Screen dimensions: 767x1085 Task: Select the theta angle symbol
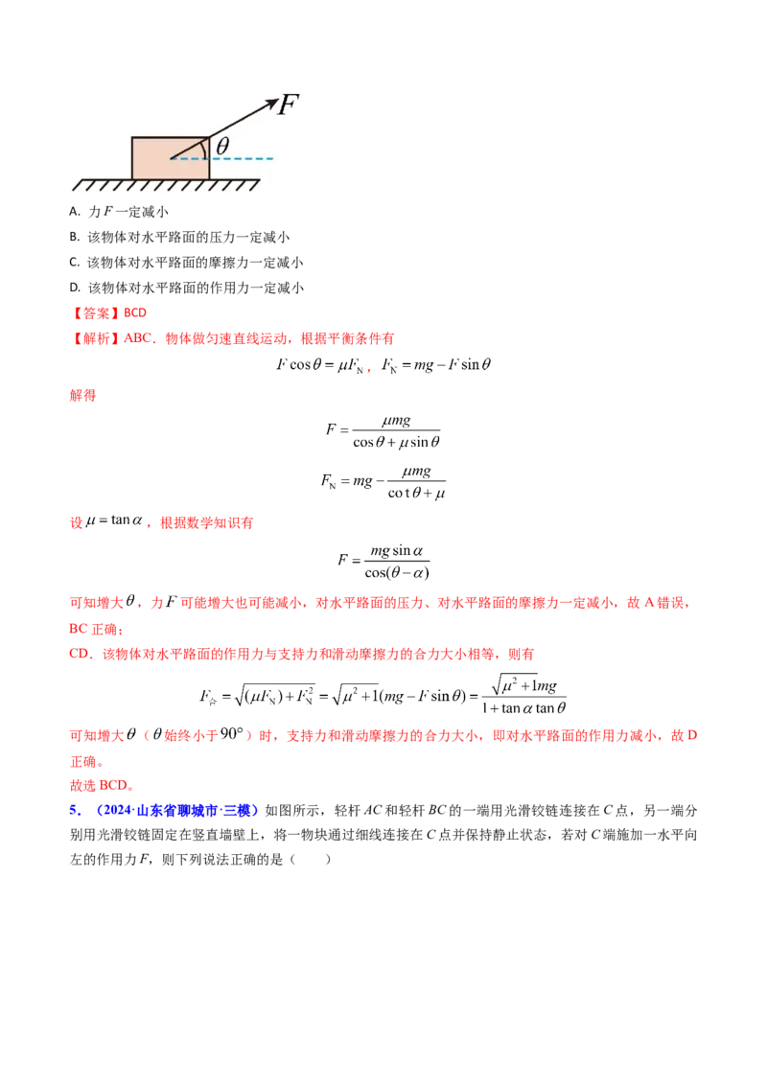click(x=222, y=146)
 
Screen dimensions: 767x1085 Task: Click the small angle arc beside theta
click(x=206, y=149)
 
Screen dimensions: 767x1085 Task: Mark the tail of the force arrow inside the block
click(x=172, y=158)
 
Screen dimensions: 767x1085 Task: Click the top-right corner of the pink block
click(x=209, y=137)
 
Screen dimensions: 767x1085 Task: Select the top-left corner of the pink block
click(x=131, y=137)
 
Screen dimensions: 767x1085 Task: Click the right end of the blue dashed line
click(x=272, y=158)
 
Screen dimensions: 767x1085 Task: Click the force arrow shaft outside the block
click(x=240, y=119)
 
